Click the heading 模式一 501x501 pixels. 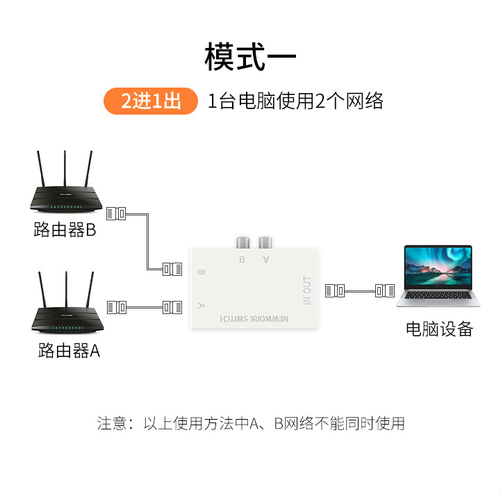click(250, 57)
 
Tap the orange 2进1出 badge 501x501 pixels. click(151, 101)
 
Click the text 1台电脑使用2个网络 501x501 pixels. click(296, 101)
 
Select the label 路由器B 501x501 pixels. click(65, 229)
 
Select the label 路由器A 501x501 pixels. click(69, 351)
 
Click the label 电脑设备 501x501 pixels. click(439, 329)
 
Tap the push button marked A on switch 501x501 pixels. click(264, 243)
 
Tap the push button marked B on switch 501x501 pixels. click(242, 243)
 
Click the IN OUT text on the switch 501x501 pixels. click(307, 291)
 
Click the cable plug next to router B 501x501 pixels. click(117, 213)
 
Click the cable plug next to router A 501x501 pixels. click(117, 306)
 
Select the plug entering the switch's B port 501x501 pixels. click(172, 268)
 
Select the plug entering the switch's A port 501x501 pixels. click(172, 306)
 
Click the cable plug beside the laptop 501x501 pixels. click(384, 290)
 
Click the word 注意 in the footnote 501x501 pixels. click(111, 423)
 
